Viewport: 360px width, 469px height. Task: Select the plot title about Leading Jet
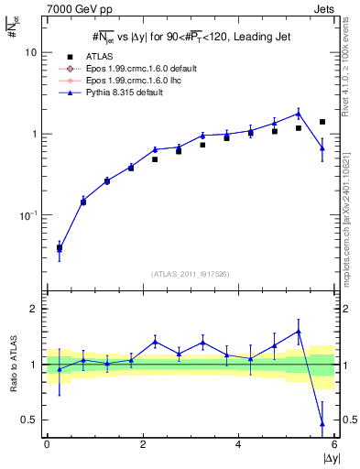(x=189, y=37)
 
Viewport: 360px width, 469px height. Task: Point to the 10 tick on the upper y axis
(x=30, y=53)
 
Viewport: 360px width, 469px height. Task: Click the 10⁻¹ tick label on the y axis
(x=27, y=215)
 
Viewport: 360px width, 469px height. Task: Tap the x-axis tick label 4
(x=238, y=444)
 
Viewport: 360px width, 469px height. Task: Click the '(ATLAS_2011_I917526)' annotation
(x=189, y=273)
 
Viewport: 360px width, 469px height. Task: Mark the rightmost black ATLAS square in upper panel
(x=322, y=122)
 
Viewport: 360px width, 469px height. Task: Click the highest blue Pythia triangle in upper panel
(x=299, y=114)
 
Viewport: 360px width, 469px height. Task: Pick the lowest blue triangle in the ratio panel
(x=322, y=423)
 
